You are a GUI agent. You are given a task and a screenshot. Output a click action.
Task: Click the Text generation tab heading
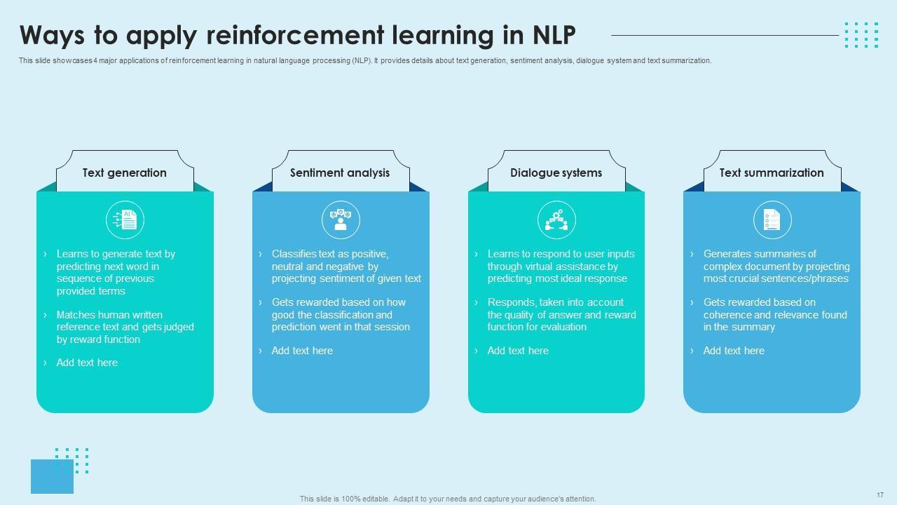[125, 173]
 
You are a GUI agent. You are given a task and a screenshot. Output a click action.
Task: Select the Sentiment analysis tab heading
[340, 173]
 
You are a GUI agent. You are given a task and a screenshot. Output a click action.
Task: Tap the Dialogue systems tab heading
[556, 173]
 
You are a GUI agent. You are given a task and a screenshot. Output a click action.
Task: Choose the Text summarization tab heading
[772, 173]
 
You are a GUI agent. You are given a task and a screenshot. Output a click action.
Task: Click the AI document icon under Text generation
[125, 220]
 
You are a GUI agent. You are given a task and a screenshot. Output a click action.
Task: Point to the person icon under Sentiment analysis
[341, 220]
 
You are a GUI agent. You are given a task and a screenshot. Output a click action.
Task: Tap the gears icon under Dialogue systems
[556, 220]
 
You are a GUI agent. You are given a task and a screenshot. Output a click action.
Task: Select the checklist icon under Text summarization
[772, 220]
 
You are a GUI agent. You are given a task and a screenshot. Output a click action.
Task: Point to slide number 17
[880, 494]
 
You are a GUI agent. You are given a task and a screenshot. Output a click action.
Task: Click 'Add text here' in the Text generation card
[87, 363]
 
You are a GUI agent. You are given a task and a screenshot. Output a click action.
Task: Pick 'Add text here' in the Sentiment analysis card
[302, 351]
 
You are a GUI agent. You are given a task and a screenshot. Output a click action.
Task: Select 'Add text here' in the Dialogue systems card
[518, 351]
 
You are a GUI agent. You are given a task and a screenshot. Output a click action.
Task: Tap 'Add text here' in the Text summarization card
[734, 351]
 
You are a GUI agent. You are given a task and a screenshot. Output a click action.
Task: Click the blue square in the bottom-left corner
[52, 477]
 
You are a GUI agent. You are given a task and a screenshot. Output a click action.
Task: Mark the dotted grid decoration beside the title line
[861, 34]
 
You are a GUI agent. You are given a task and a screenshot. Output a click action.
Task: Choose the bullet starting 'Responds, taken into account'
[561, 315]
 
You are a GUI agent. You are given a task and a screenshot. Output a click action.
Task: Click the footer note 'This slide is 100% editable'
[448, 499]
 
